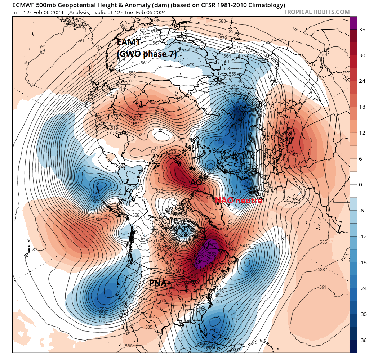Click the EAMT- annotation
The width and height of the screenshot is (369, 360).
(x=130, y=42)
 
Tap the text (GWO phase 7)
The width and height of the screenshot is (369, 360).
(x=147, y=54)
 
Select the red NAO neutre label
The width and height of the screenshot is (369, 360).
(x=239, y=201)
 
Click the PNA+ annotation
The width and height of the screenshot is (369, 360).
(x=160, y=283)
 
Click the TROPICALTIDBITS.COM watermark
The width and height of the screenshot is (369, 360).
(x=316, y=12)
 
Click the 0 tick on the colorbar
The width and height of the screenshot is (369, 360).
(x=361, y=185)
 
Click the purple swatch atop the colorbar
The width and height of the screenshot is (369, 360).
(x=354, y=23)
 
